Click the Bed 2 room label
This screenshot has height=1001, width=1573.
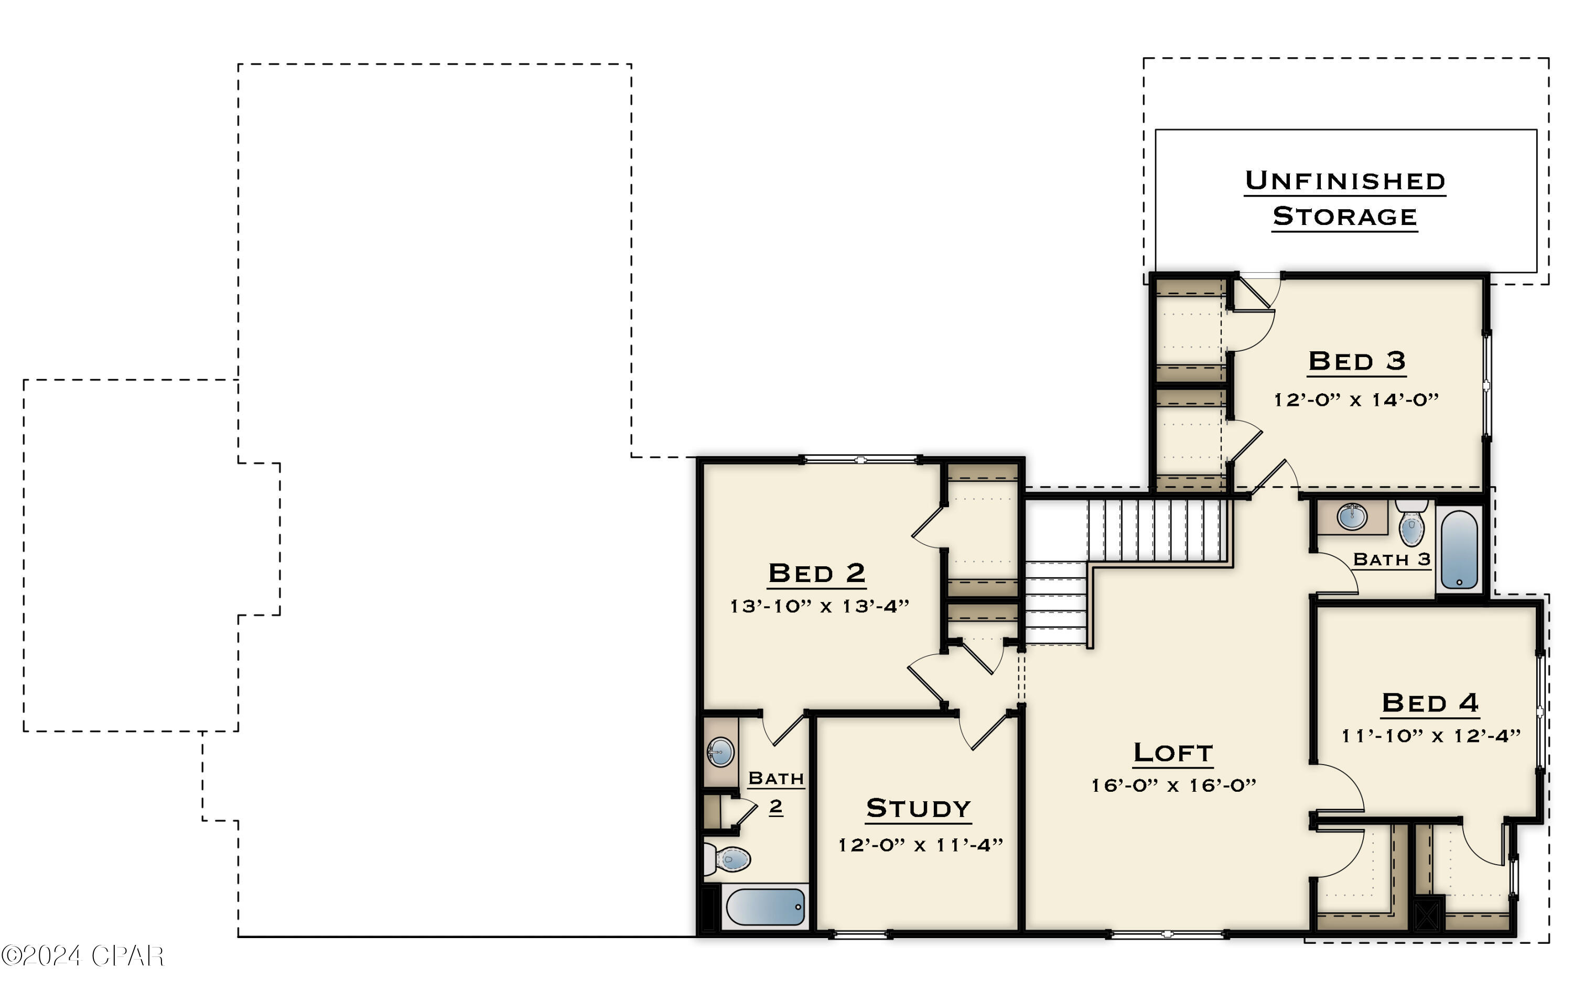(816, 573)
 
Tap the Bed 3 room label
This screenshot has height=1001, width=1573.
(1357, 361)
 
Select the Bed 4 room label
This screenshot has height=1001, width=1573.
(1430, 703)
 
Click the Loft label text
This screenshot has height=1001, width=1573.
(1173, 752)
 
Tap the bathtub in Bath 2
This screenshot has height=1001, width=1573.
(765, 907)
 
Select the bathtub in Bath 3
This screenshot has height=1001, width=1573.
(1459, 549)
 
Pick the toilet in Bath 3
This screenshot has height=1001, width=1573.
(1412, 523)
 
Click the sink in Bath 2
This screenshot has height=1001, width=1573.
(720, 752)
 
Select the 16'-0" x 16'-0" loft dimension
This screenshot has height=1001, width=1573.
(1174, 785)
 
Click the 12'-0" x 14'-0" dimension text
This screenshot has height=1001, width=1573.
(1357, 399)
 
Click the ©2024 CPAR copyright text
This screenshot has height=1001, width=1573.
(82, 956)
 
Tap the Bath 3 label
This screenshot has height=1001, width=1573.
(1392, 559)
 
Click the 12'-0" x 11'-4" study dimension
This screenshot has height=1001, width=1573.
(920, 845)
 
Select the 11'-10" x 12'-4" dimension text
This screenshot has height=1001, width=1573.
(1430, 736)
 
